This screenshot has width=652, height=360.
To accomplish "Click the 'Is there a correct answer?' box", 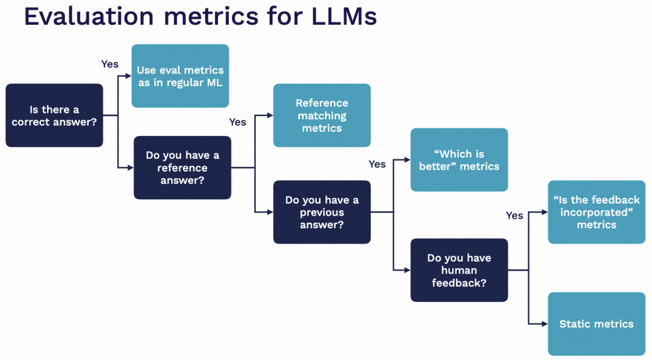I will [x=54, y=115].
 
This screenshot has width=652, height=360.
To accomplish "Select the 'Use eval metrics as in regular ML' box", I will [x=180, y=76].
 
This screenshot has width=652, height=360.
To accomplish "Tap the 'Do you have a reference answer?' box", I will [x=182, y=167].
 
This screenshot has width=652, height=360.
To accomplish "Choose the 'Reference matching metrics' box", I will [x=322, y=115].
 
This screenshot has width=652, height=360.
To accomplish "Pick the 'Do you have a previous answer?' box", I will [x=322, y=212].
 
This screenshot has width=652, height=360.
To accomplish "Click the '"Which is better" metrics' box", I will [x=459, y=160].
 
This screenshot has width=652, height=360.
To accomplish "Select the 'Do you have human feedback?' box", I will [x=459, y=270].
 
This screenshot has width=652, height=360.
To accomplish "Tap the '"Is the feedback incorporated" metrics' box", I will [x=596, y=212].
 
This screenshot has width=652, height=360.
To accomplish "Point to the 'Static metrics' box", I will [x=596, y=324].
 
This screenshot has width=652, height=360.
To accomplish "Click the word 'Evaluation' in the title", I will [x=89, y=16].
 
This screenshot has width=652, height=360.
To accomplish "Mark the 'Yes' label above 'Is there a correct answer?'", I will [x=110, y=64].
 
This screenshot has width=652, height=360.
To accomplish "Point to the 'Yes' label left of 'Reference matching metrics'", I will [x=238, y=122].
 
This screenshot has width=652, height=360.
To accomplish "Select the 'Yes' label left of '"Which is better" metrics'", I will [x=377, y=164].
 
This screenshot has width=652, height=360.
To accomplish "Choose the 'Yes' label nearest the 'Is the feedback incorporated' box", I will [x=514, y=216].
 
